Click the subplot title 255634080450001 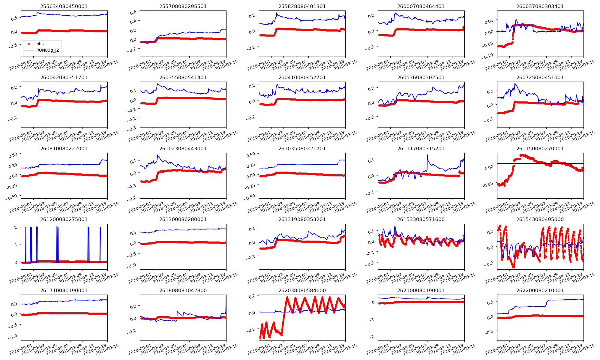pos(64,6)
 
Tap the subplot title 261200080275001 pos(64,219)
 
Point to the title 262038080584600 pos(302,290)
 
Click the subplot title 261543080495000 pos(540,219)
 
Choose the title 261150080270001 pos(540,148)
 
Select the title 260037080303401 pos(540,6)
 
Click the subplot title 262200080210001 pos(540,290)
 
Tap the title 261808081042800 pos(183,290)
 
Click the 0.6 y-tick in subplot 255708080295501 pos(133,12)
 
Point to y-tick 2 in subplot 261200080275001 pos(16,227)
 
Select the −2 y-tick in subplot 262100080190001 pos(373,337)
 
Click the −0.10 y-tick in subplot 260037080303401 pos(489,55)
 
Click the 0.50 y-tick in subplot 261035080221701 pos(250,154)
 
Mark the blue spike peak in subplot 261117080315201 pos(427,155)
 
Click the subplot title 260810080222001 pos(64,148)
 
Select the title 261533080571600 pos(421,219)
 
